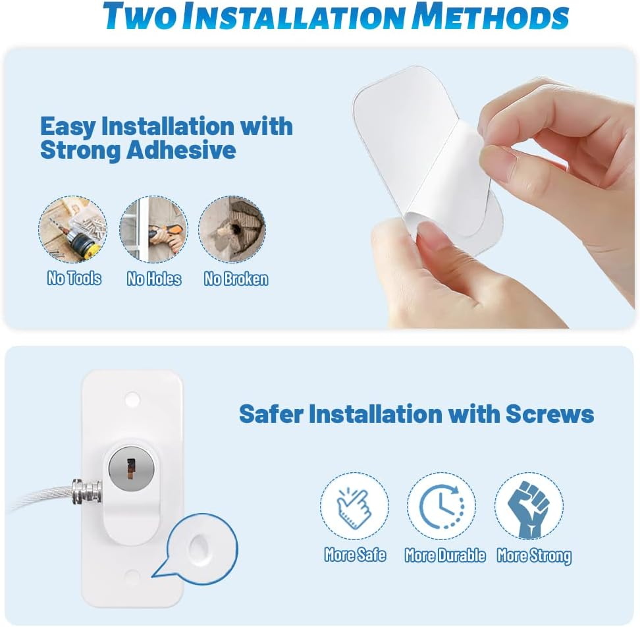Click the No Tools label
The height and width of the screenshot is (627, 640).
click(x=74, y=279)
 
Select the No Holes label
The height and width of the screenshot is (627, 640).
click(x=153, y=279)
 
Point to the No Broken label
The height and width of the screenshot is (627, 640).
click(x=236, y=279)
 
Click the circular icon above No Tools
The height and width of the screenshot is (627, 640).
click(x=72, y=229)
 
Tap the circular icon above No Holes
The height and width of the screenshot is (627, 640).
click(x=153, y=229)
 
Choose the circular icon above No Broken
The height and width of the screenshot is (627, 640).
click(x=232, y=229)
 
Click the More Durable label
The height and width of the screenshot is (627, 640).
click(x=445, y=556)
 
